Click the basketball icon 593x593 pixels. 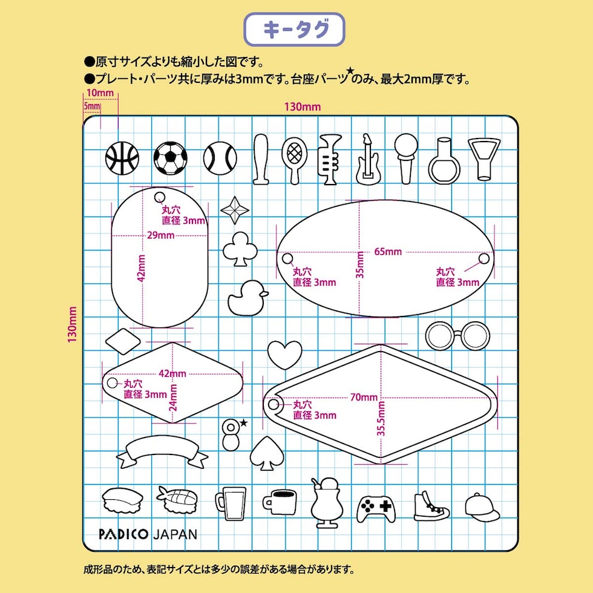pos(122,158)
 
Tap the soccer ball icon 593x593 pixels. pos(171,158)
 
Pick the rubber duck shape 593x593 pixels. pos(247,298)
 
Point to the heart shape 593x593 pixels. pos(284,354)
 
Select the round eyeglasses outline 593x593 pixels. pos(457,335)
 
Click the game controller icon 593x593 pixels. pos(376,508)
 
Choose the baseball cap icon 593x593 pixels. pos(482,507)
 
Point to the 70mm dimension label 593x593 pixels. pos(364,398)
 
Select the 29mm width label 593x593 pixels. pos(157,235)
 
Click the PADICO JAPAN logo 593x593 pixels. pos(148,534)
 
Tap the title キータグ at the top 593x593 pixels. pos(294,30)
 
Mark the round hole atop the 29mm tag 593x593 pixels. pos(160,197)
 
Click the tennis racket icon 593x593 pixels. pos(294,159)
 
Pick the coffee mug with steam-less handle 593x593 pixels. pos(280,502)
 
